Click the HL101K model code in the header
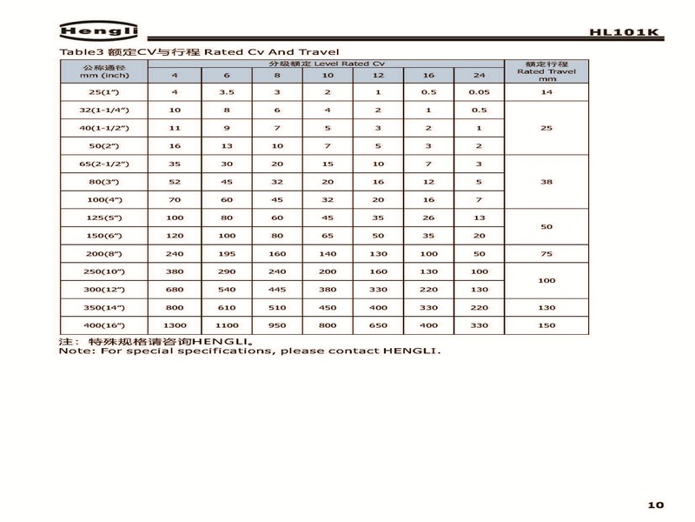click(624, 33)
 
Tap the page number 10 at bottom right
click(655, 504)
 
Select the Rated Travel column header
click(546, 71)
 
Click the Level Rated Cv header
click(326, 64)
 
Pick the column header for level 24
click(479, 76)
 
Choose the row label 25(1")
click(103, 91)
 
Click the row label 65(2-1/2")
click(103, 164)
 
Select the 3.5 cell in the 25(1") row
click(227, 91)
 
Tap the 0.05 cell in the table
click(479, 91)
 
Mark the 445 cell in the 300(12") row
click(277, 289)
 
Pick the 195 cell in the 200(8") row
click(227, 253)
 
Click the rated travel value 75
click(546, 253)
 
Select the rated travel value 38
click(546, 182)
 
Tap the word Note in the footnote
click(73, 351)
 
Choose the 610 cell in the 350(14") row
click(227, 307)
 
